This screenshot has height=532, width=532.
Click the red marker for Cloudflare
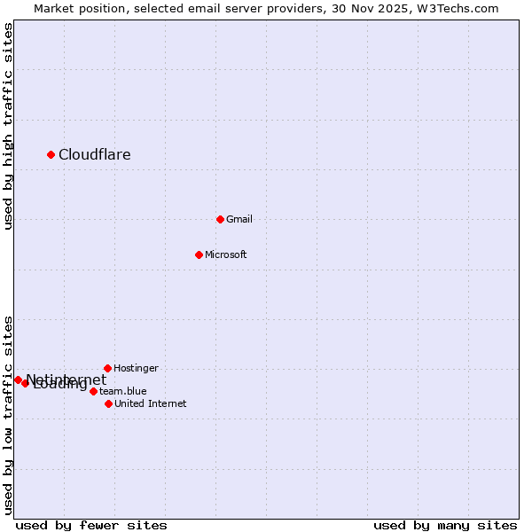tap(51, 154)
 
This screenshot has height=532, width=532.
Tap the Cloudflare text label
tap(95, 155)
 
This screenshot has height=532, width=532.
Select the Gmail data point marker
tap(221, 219)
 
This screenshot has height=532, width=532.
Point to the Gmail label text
tap(239, 219)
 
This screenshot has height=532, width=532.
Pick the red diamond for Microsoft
tap(199, 254)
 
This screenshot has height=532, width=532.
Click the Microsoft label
tap(226, 254)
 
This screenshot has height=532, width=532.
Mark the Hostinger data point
tap(107, 368)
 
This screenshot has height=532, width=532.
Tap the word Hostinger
tap(137, 368)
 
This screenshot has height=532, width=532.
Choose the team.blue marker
tap(93, 391)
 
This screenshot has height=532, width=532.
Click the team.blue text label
tap(123, 391)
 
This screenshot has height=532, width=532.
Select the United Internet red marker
tap(108, 403)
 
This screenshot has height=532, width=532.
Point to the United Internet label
tap(151, 403)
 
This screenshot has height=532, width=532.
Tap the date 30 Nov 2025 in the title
tap(372, 8)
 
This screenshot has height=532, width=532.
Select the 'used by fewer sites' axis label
tap(91, 525)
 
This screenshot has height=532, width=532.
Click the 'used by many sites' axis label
tap(445, 525)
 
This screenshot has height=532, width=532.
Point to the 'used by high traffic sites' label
tap(8, 126)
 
